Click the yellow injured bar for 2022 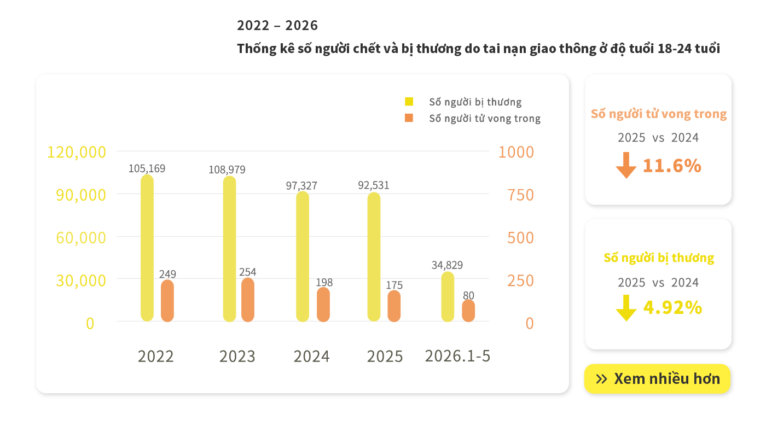(x=147, y=248)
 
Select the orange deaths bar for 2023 (x=247, y=300)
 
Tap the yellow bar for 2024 (x=303, y=256)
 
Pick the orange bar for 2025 (x=394, y=306)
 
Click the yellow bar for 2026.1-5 (x=448, y=296)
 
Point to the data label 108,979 (x=227, y=170)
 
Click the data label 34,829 (x=448, y=265)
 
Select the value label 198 (x=324, y=282)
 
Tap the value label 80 (x=468, y=295)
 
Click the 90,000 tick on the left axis (x=81, y=195)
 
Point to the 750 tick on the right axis (x=520, y=195)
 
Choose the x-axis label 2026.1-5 (x=457, y=356)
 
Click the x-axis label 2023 (x=237, y=357)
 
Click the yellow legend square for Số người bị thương (x=409, y=102)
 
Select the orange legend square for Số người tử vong (x=409, y=118)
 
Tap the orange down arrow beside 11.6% (x=626, y=165)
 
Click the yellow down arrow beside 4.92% (x=626, y=308)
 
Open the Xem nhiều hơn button (x=657, y=378)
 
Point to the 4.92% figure (x=672, y=307)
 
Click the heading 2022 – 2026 (x=277, y=25)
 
